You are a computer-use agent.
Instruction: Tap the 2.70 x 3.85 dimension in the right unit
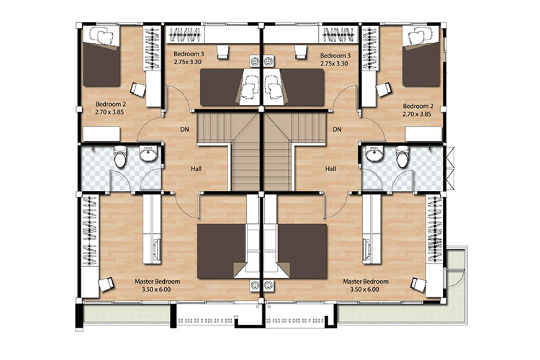(x=417, y=114)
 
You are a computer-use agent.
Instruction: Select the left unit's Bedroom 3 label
(x=189, y=54)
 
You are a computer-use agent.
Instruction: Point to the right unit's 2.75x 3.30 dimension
(x=334, y=64)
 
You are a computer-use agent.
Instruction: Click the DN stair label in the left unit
(x=184, y=130)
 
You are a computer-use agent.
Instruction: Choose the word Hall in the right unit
(x=330, y=168)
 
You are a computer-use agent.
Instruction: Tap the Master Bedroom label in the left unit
(x=158, y=282)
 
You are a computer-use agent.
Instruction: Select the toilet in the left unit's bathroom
(x=120, y=156)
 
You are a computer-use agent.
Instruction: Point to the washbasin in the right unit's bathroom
(x=374, y=153)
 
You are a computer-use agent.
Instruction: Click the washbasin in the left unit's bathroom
(x=148, y=153)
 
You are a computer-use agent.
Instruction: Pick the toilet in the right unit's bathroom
(x=402, y=156)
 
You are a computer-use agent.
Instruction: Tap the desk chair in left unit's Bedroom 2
(x=138, y=89)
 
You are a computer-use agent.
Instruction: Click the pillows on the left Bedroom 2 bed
(x=103, y=35)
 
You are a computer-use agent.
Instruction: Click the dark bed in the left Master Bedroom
(x=221, y=251)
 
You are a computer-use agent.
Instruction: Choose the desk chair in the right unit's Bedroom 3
(x=300, y=52)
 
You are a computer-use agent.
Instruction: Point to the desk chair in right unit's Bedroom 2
(x=384, y=89)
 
